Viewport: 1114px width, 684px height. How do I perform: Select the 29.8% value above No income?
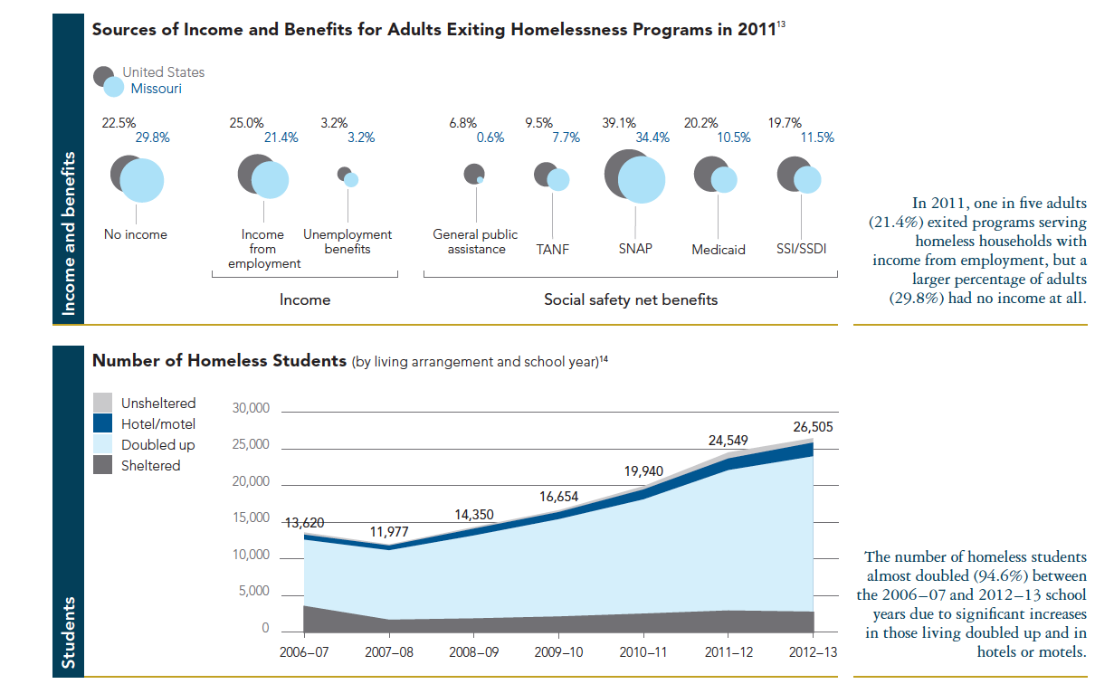click(x=152, y=138)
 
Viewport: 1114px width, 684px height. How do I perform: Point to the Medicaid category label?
click(x=718, y=249)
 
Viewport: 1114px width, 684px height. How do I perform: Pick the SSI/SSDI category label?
click(x=802, y=248)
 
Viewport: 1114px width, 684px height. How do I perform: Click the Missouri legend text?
click(x=157, y=89)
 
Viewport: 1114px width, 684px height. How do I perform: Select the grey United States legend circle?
click(x=104, y=76)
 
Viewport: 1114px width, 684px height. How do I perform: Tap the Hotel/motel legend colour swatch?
click(x=104, y=423)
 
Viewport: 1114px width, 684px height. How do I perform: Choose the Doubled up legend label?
click(x=158, y=445)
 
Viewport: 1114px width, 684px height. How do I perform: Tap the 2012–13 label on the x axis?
click(x=813, y=652)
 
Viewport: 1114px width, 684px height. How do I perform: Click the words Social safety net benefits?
click(x=630, y=299)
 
